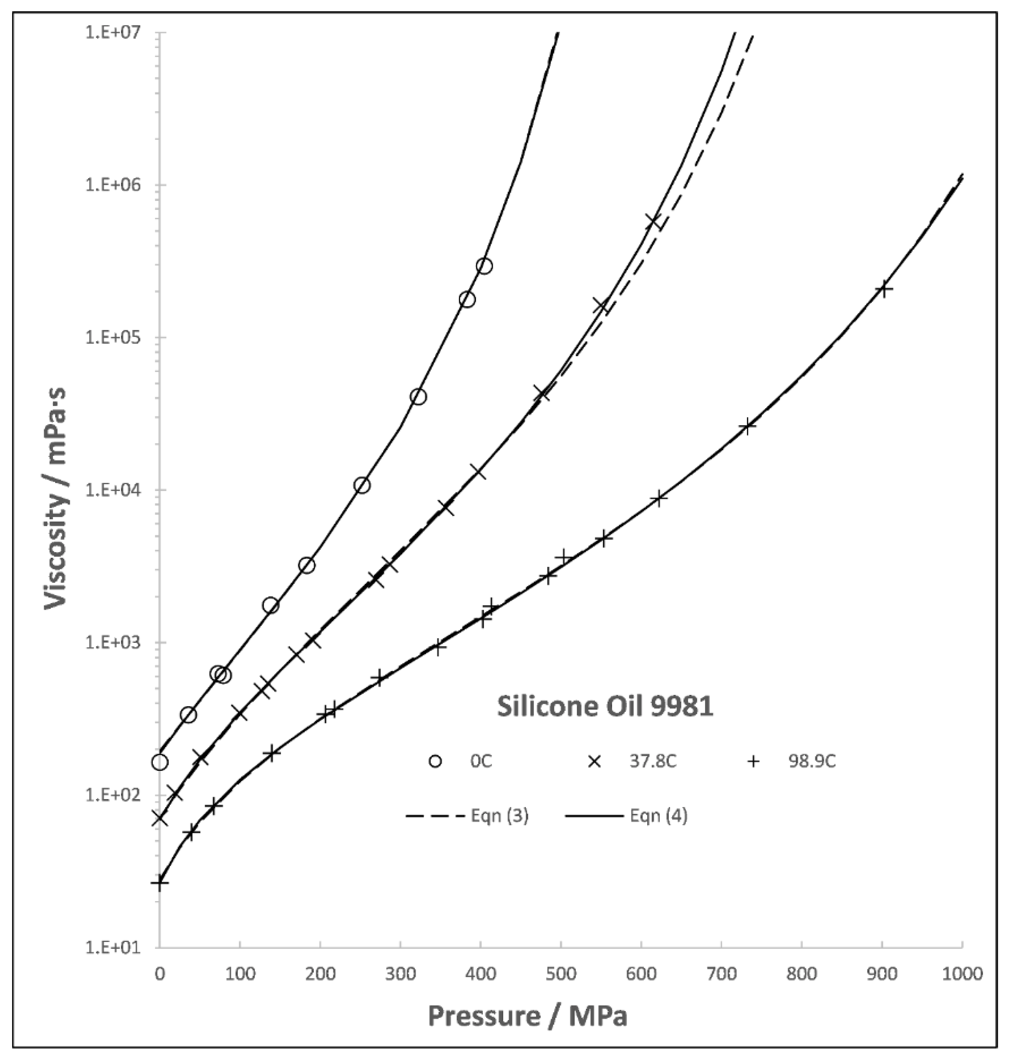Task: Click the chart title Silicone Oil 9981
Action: (x=604, y=706)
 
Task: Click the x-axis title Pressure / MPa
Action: (x=527, y=1016)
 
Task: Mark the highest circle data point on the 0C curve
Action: (x=484, y=265)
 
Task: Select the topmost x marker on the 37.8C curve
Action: (x=653, y=221)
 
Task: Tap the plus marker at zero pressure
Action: (x=159, y=882)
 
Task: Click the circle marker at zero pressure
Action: (x=159, y=762)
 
